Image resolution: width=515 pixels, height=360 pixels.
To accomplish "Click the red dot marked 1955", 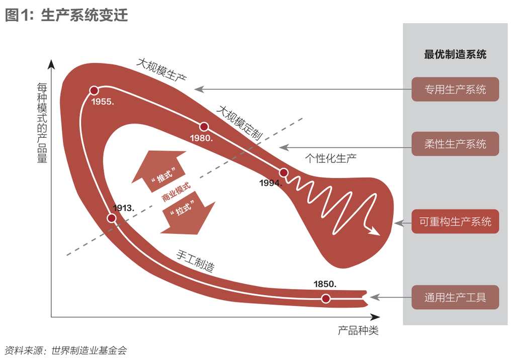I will [x=94, y=91].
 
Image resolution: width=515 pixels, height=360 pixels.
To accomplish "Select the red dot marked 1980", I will [x=204, y=127].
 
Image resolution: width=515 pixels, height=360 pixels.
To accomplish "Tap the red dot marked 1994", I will [x=284, y=173].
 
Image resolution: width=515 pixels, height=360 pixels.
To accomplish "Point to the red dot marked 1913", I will [x=112, y=218].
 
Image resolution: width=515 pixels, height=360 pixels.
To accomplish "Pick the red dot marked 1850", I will [x=325, y=299].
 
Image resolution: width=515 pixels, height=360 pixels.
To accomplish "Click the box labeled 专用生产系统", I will [x=455, y=89].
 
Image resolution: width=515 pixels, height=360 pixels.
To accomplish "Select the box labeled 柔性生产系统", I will [x=455, y=144].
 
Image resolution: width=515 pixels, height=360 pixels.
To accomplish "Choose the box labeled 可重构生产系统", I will [x=455, y=221].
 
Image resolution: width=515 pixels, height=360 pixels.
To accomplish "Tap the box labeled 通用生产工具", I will [x=455, y=297].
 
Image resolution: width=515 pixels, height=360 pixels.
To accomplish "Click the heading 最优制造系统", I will [x=455, y=54].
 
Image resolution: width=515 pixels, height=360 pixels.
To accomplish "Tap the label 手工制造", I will [x=196, y=260].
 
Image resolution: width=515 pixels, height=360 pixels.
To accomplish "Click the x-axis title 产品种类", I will [x=358, y=331].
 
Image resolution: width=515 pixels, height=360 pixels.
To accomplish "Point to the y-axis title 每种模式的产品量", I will [x=42, y=123].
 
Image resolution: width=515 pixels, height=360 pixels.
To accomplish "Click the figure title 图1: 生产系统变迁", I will [x=66, y=15].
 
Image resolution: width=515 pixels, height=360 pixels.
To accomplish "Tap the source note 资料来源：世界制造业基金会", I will [x=65, y=350].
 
